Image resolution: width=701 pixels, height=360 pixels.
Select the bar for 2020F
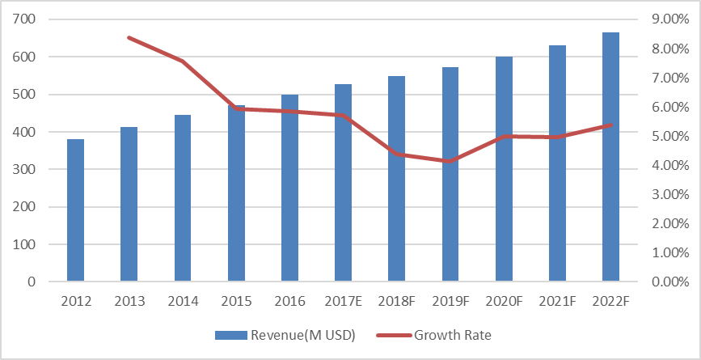point(504,169)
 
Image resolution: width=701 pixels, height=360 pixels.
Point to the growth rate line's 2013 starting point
point(129,37)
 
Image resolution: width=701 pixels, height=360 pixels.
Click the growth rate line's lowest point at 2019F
point(450,161)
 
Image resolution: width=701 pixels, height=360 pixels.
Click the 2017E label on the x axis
point(343,302)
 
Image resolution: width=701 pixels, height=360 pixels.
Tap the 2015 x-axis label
point(236,302)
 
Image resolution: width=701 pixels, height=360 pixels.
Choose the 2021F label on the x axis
point(557,302)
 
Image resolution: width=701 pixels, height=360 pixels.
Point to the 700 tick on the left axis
point(37,19)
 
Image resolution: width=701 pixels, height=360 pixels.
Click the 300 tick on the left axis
point(37,169)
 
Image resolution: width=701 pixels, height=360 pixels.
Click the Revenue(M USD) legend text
point(302,335)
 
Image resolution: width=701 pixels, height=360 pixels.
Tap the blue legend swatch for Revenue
point(230,335)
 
